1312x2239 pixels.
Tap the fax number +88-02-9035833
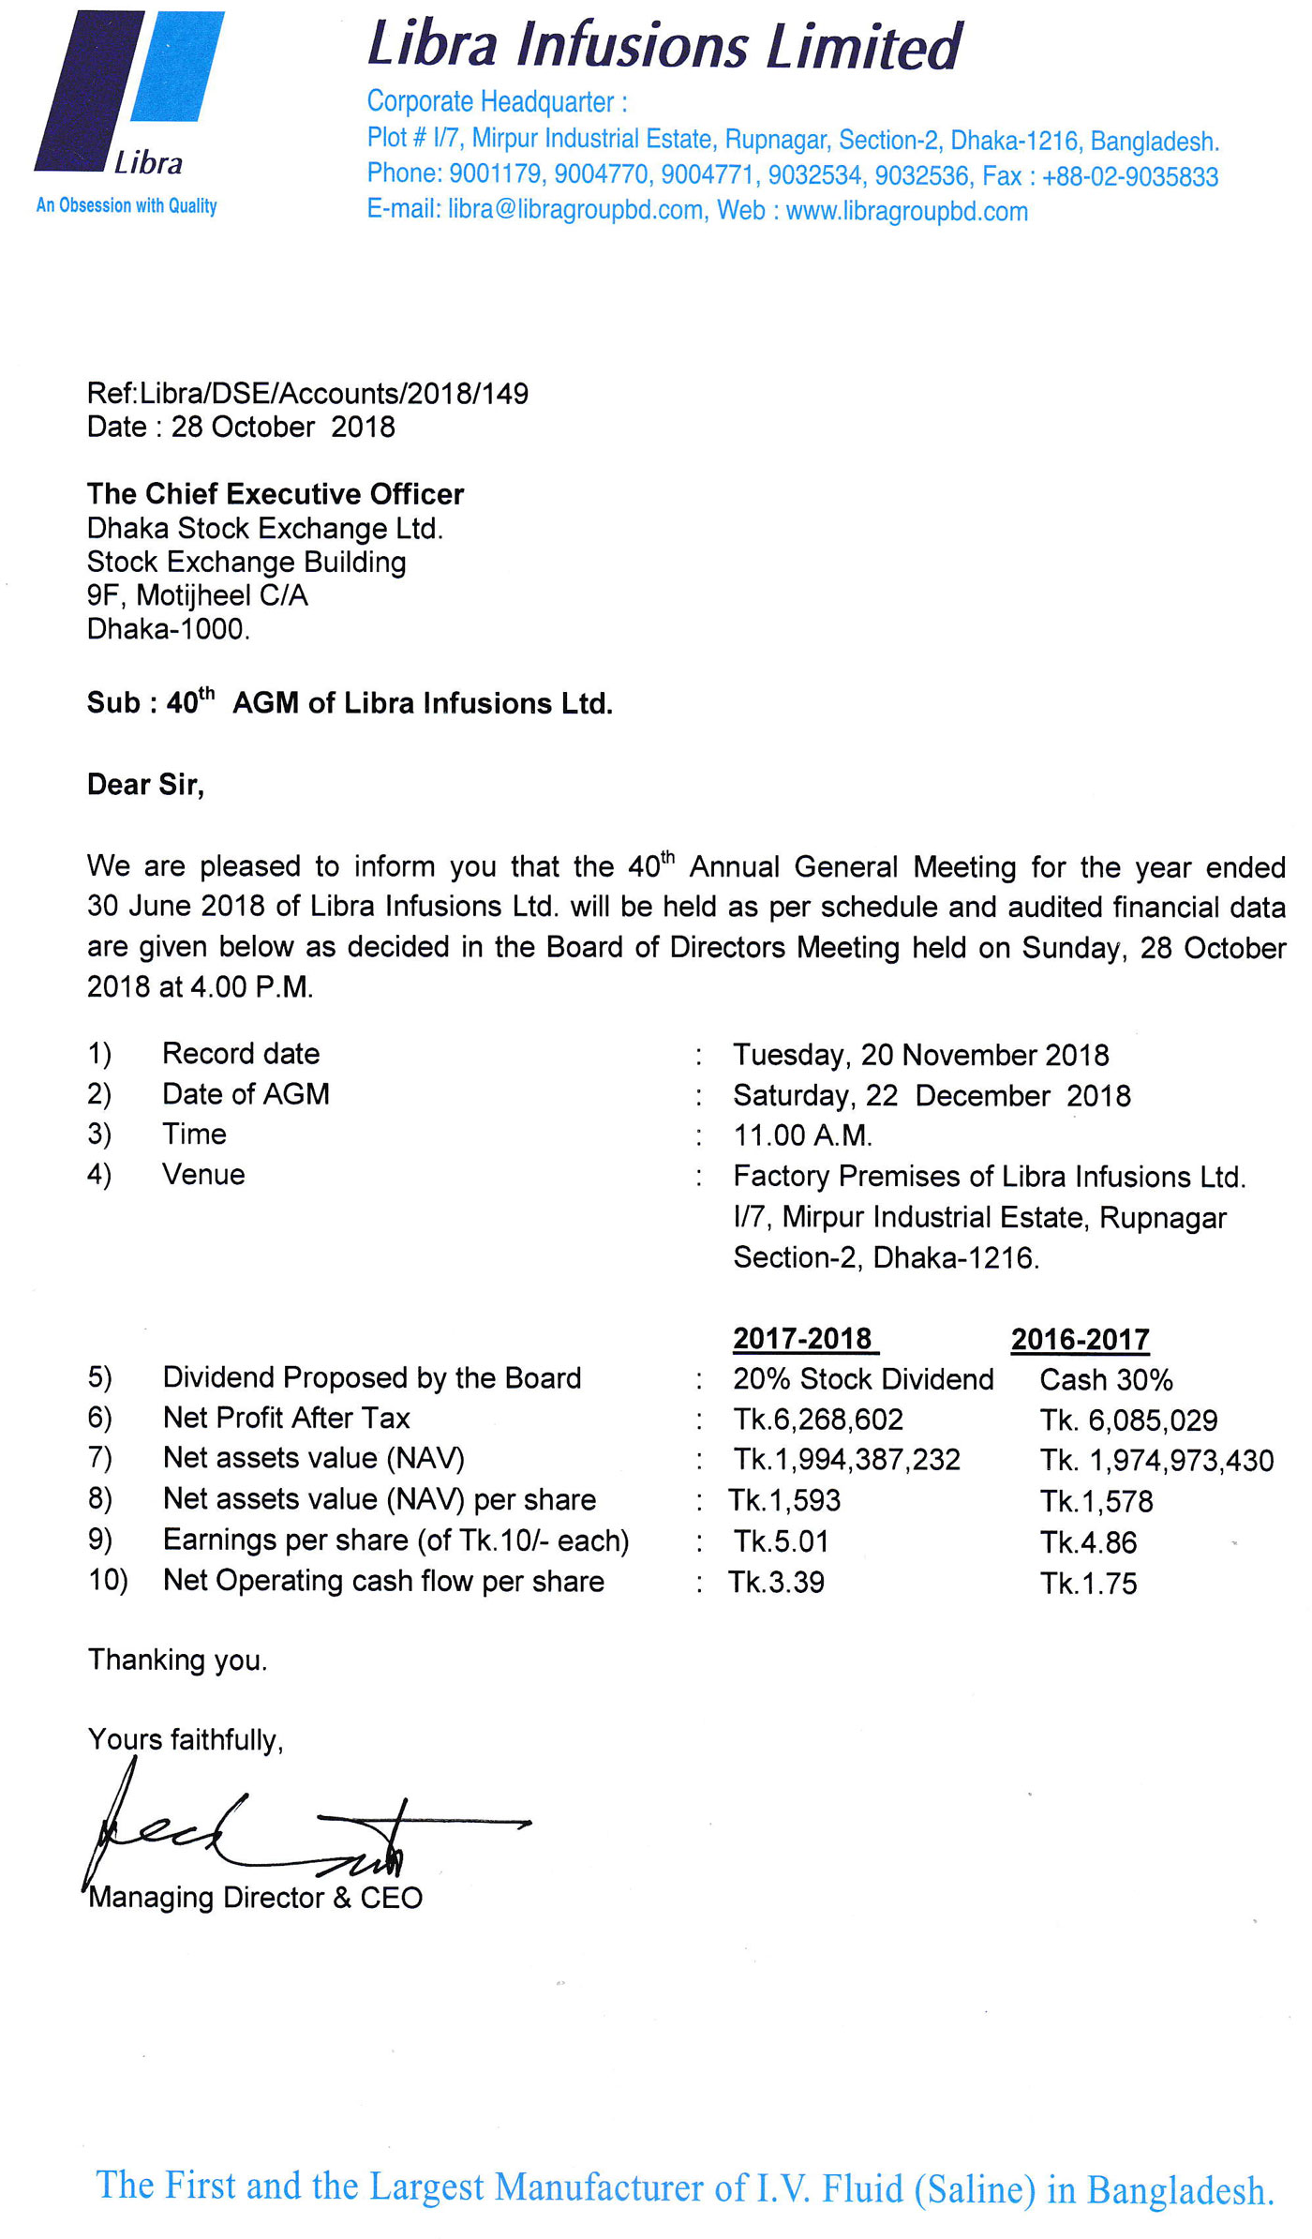click(x=1129, y=176)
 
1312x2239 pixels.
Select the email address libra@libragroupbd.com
click(x=575, y=210)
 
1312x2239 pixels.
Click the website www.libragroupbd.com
click(x=906, y=212)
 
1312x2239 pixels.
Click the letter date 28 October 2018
click(x=283, y=428)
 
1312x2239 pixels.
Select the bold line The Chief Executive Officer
click(x=276, y=494)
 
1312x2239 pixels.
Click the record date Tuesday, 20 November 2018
click(x=920, y=1055)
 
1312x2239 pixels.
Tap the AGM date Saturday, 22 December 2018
click(x=932, y=1095)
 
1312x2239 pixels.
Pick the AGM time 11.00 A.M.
click(x=802, y=1135)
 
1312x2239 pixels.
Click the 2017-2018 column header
click(x=803, y=1338)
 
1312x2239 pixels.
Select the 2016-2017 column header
click(x=1080, y=1339)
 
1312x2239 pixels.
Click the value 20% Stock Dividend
click(x=863, y=1379)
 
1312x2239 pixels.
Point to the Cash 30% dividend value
click(x=1106, y=1380)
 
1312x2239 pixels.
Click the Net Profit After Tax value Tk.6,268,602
click(x=818, y=1420)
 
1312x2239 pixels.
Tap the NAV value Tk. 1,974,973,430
click(x=1156, y=1461)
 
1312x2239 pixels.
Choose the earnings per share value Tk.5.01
click(x=781, y=1541)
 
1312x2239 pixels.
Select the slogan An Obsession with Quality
click(x=127, y=205)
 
